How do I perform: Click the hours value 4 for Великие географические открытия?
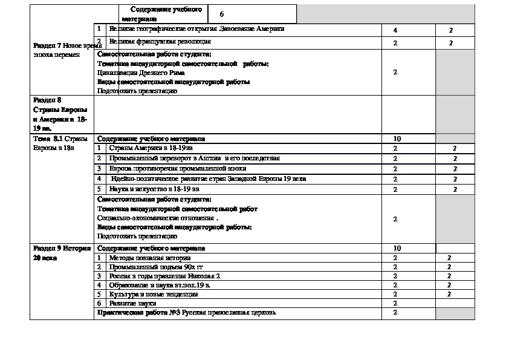click(x=395, y=30)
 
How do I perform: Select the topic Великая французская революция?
click(x=160, y=42)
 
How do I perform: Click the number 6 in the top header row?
click(x=222, y=13)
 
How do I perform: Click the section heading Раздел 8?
click(x=48, y=100)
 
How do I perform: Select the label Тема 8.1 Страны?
click(x=62, y=139)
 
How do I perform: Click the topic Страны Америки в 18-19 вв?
click(x=151, y=148)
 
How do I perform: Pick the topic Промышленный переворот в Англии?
click(x=194, y=159)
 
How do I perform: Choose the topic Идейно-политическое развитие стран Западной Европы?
click(x=209, y=179)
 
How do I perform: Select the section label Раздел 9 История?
click(x=62, y=248)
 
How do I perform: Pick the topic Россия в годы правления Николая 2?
click(x=160, y=276)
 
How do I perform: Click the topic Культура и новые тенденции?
click(x=153, y=294)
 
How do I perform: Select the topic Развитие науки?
click(x=132, y=303)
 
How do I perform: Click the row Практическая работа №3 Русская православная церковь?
click(x=187, y=312)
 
